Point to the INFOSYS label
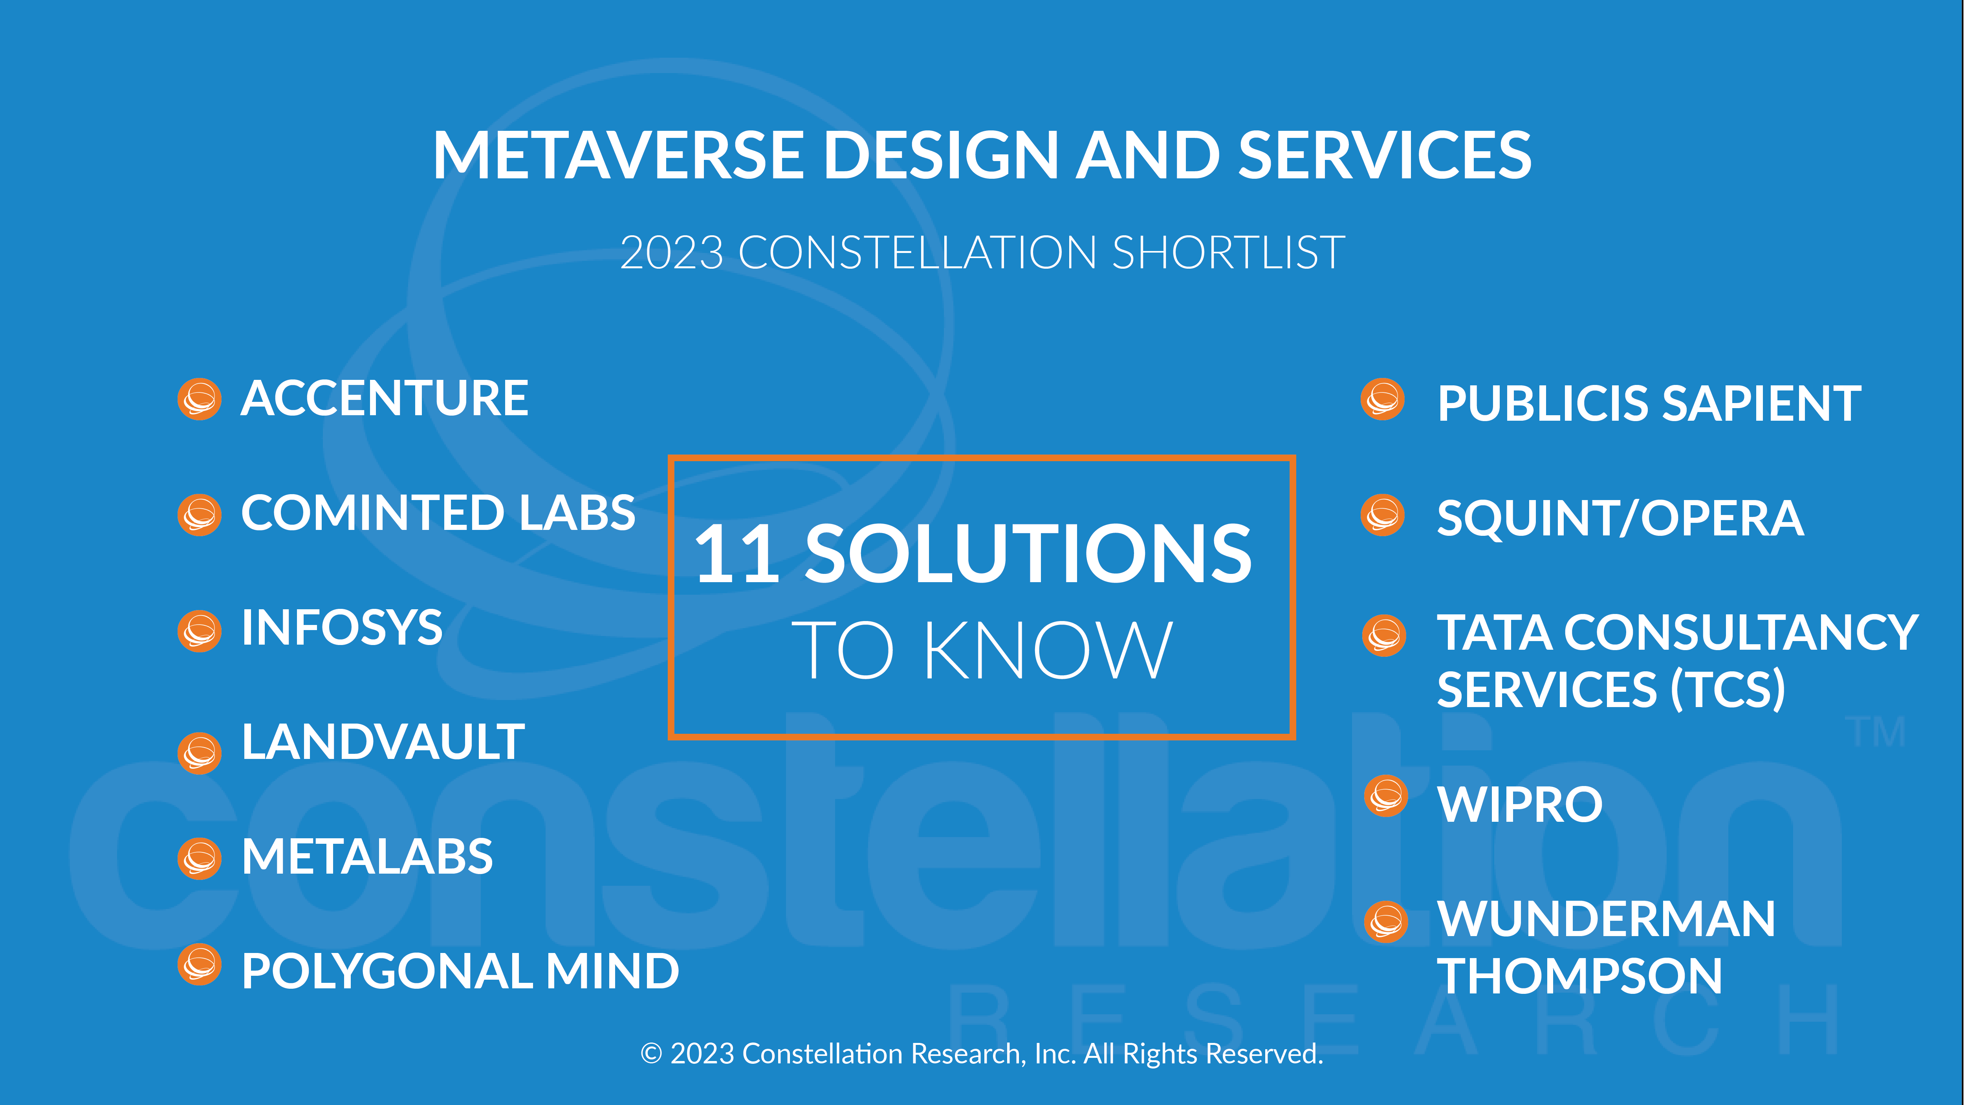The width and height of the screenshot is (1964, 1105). click(x=342, y=628)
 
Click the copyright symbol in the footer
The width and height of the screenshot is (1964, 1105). click(x=651, y=1054)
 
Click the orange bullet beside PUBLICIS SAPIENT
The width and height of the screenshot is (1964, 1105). click(x=1382, y=399)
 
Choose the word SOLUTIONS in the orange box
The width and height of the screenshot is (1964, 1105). click(x=1028, y=554)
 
